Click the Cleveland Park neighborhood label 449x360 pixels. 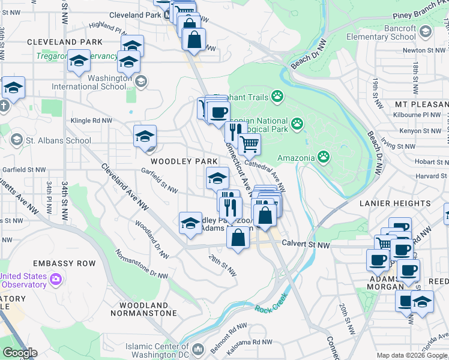point(65,42)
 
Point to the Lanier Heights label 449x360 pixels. point(396,203)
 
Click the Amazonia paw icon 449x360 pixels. point(324,158)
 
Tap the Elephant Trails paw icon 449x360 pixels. point(277,95)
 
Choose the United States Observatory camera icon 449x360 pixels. point(56,280)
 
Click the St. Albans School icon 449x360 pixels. point(16,141)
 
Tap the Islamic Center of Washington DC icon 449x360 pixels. point(199,347)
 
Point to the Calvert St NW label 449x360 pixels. point(310,245)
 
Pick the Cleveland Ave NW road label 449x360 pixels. point(124,186)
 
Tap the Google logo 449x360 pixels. point(19,353)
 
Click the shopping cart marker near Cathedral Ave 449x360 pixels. point(249,143)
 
